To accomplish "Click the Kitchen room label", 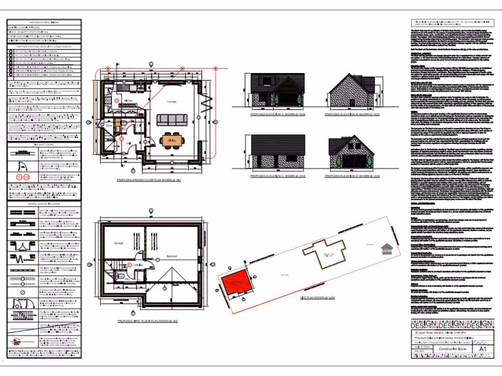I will (128, 101).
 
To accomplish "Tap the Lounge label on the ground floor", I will (172, 101).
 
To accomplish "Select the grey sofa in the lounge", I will (171, 119).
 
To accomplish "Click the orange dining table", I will (172, 140).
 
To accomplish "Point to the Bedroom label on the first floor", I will (172, 256).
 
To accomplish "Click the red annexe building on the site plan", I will (236, 283).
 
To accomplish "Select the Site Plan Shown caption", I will (317, 297).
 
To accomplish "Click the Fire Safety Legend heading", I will (43, 145).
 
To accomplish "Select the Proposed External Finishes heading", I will (43, 23).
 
